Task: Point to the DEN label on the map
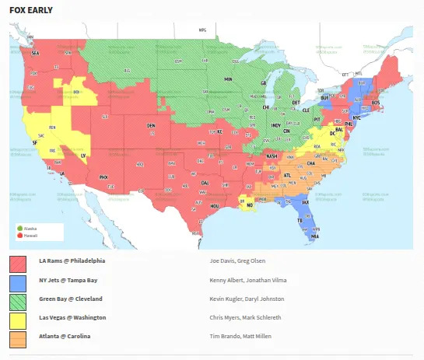pyautogui.click(x=152, y=125)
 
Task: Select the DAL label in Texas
pyautogui.click(x=205, y=183)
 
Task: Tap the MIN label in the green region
pyautogui.click(x=229, y=80)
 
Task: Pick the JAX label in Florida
pyautogui.click(x=306, y=202)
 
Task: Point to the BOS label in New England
pyautogui.click(x=376, y=103)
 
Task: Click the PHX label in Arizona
pyautogui.click(x=103, y=177)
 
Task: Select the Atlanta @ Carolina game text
pyautogui.click(x=64, y=336)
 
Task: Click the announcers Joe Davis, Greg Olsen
pyautogui.click(x=243, y=261)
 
